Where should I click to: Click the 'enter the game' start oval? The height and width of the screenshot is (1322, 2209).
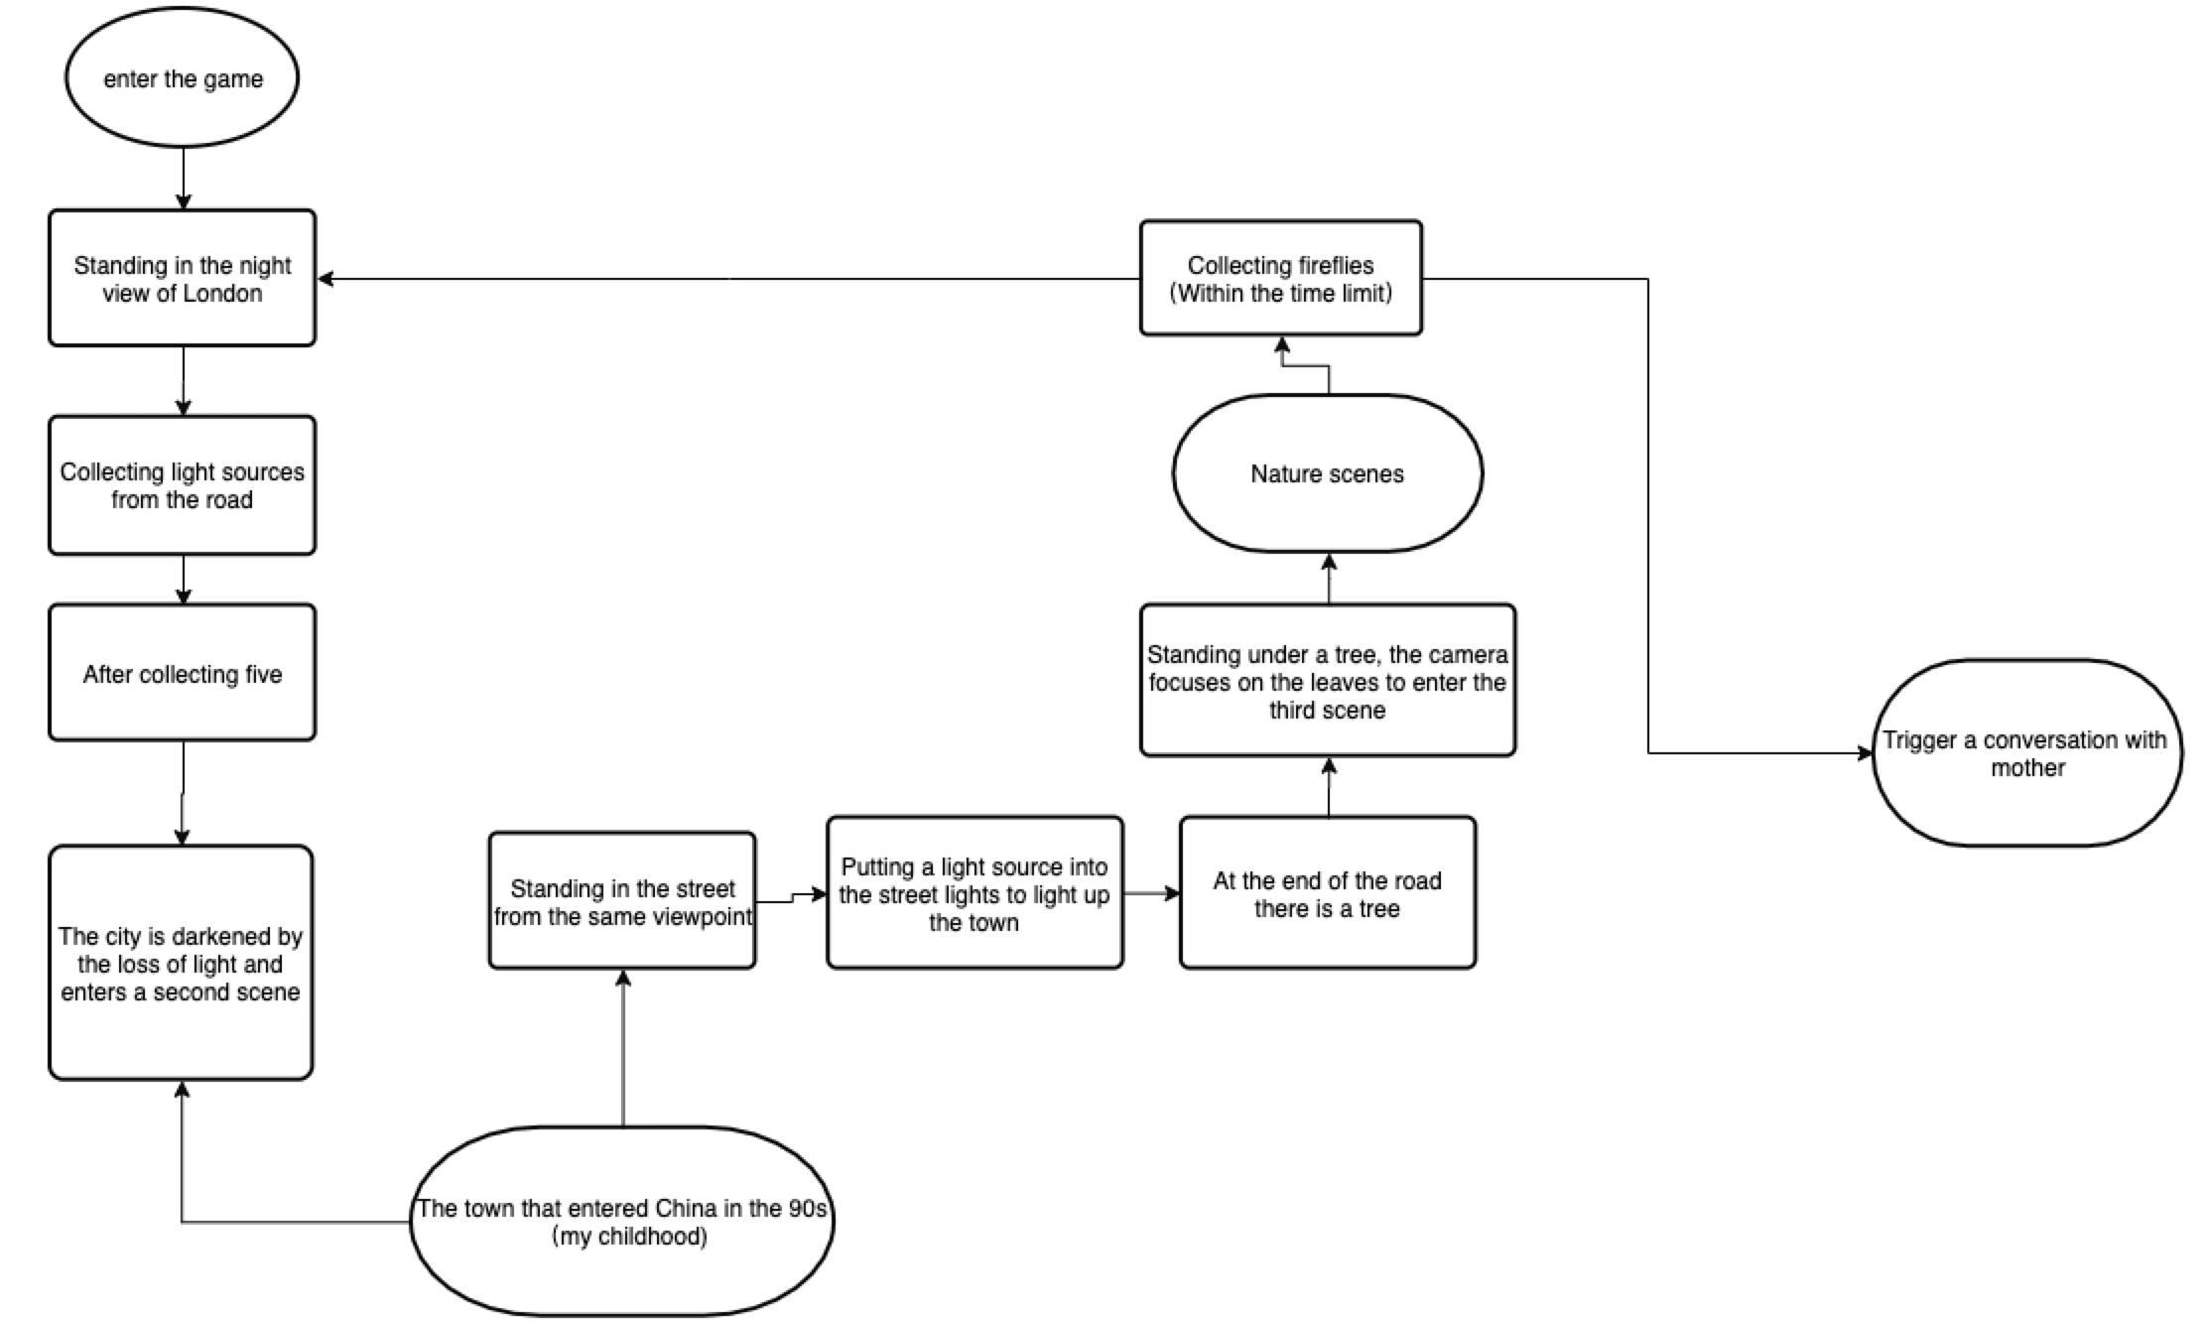pos(183,78)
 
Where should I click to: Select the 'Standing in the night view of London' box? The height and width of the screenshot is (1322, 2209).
pos(183,278)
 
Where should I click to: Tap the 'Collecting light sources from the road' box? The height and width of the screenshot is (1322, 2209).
pos(183,485)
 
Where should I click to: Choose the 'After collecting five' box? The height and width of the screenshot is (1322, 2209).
pos(183,673)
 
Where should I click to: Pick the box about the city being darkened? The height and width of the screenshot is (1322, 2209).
pos(181,963)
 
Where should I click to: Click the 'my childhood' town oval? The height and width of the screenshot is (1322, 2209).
pos(622,1221)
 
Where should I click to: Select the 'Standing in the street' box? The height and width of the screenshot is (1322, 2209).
pos(622,900)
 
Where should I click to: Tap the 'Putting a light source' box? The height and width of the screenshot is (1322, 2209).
pos(975,893)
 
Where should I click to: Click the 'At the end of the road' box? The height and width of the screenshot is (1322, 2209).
pos(1328,893)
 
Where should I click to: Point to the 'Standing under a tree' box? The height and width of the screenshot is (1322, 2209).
pos(1328,681)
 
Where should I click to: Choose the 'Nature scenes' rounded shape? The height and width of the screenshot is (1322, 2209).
pos(1328,473)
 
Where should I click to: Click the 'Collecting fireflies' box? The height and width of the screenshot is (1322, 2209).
pos(1281,278)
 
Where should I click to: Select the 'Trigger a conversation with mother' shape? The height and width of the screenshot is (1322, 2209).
pos(2027,753)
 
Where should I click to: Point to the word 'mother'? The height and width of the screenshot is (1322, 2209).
pos(2027,767)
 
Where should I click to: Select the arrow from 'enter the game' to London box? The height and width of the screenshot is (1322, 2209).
pos(183,179)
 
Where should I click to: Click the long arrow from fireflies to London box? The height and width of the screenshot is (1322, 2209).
pos(728,279)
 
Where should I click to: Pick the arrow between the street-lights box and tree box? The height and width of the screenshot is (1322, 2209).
pos(1152,893)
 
